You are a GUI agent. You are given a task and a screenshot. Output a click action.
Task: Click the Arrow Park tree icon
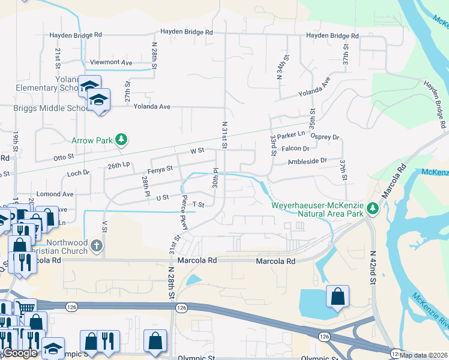click(x=122, y=140)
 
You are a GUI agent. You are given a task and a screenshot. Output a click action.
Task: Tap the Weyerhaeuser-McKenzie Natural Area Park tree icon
click(x=373, y=209)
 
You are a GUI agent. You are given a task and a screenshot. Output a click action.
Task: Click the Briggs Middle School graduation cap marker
click(x=98, y=100)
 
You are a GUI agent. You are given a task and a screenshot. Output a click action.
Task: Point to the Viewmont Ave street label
click(x=110, y=62)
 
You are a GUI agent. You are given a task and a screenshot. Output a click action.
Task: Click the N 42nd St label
click(x=373, y=267)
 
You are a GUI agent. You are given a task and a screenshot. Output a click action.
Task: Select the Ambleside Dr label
click(x=307, y=161)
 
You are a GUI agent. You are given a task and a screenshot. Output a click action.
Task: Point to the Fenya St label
click(x=161, y=169)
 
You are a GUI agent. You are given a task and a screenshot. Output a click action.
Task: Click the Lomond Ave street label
click(x=55, y=194)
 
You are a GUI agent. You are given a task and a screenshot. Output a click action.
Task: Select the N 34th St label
click(x=280, y=68)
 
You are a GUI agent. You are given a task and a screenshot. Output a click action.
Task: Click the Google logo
click(x=20, y=353)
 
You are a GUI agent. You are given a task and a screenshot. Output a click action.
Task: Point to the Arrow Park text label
click(x=92, y=140)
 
